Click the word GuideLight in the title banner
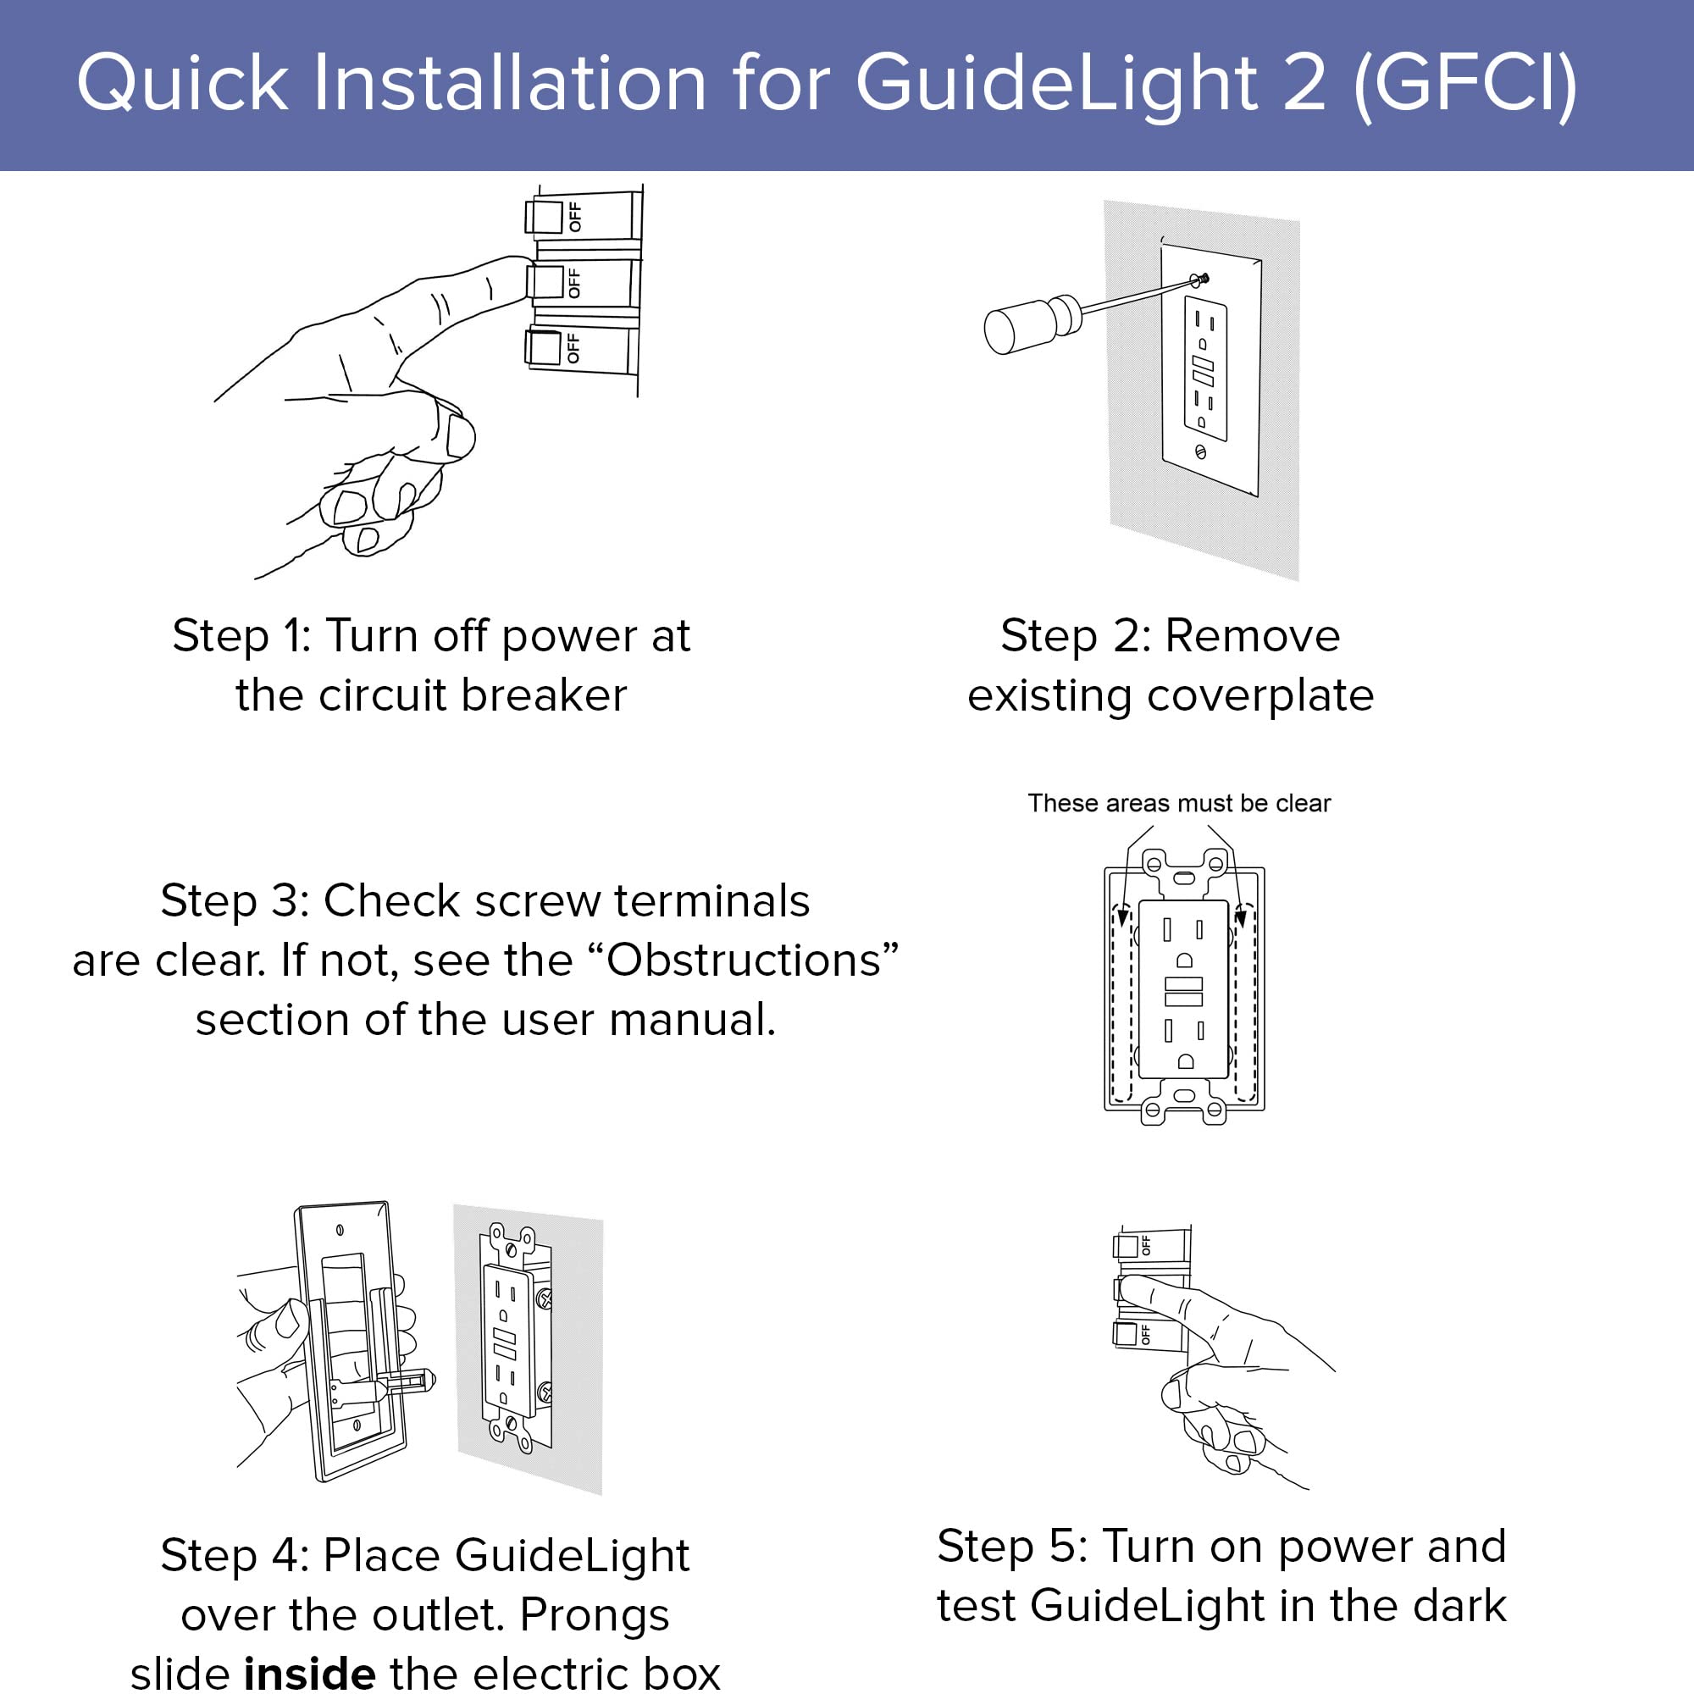(1055, 83)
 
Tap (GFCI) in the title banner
(1465, 83)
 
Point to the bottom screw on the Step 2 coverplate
(1200, 452)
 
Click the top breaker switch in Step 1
(544, 217)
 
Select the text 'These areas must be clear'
(1178, 803)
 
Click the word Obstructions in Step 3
(744, 961)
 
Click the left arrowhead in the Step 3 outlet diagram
(1122, 917)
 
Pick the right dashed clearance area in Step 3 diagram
(1246, 1004)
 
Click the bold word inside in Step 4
(309, 1673)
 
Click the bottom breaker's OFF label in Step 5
(1145, 1336)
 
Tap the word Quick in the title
(181, 83)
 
